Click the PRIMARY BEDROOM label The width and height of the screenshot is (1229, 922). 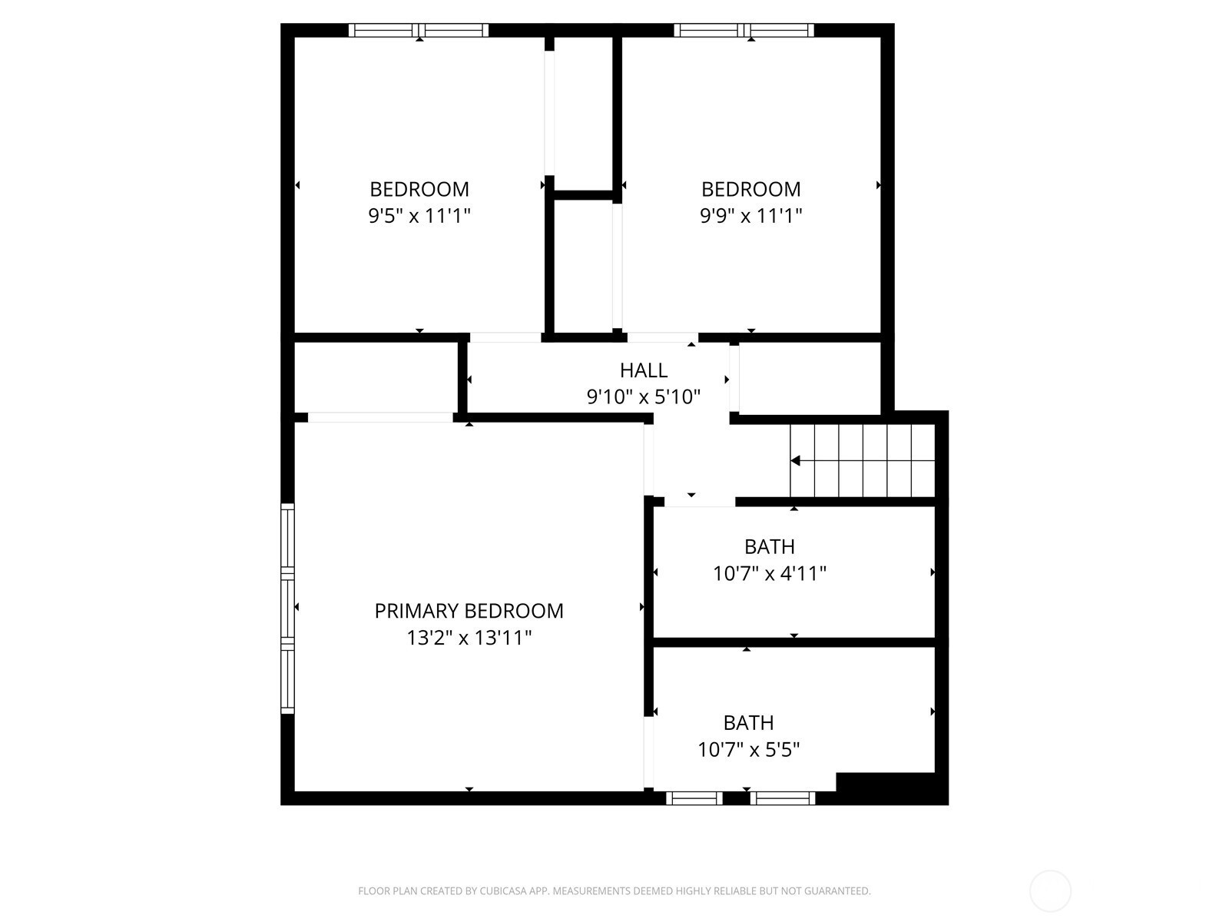pyautogui.click(x=469, y=611)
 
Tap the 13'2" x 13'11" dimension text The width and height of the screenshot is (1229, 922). pyautogui.click(x=469, y=638)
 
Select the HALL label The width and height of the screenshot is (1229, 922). pyautogui.click(x=644, y=370)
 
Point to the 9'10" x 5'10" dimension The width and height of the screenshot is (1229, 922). pyautogui.click(x=644, y=397)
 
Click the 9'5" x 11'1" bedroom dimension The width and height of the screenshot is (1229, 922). pyautogui.click(x=419, y=216)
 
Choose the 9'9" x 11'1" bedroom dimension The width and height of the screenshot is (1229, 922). pyautogui.click(x=750, y=216)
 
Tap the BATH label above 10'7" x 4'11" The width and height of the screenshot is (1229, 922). pyautogui.click(x=770, y=546)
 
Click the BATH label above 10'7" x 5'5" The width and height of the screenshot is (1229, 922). pyautogui.click(x=749, y=723)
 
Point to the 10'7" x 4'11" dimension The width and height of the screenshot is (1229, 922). pyautogui.click(x=770, y=573)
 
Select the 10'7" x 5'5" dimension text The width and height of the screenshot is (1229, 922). pyautogui.click(x=749, y=750)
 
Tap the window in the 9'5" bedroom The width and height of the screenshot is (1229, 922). pyautogui.click(x=419, y=30)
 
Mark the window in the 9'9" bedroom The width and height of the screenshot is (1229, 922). pyautogui.click(x=744, y=30)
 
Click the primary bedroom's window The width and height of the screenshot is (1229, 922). pyautogui.click(x=287, y=609)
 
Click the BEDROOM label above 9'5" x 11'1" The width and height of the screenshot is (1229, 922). pyautogui.click(x=419, y=189)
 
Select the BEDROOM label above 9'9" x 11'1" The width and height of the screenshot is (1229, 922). pyautogui.click(x=750, y=189)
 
